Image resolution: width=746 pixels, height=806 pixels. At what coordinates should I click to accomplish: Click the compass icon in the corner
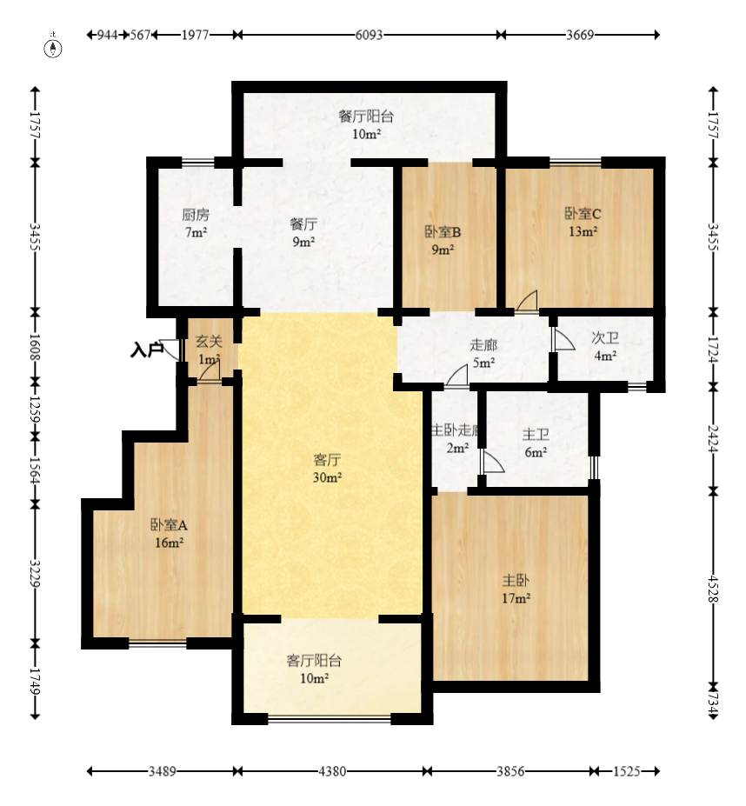pos(53,47)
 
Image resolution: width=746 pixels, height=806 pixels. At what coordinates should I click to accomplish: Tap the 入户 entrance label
pos(147,350)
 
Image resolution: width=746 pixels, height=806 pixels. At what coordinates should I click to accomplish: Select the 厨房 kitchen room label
pos(196,215)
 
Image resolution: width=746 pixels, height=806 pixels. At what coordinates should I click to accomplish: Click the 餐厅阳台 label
pos(366,117)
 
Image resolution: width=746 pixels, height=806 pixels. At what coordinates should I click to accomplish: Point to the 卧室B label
pos(443,232)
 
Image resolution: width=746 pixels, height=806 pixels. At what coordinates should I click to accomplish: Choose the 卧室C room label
pos(583,213)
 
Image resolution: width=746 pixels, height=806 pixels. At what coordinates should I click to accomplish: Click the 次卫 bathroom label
pos(605,337)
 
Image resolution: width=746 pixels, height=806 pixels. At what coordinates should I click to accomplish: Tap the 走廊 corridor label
pos(483,345)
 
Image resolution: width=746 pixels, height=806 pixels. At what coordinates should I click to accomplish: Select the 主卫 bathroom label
pos(536,435)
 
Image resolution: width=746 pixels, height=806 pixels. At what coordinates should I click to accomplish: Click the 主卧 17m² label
pos(516,590)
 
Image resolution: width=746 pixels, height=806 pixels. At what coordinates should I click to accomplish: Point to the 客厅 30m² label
pos(328,469)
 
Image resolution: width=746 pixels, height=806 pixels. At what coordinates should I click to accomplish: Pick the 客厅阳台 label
pos(314,661)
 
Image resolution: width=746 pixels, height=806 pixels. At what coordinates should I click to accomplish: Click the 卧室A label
pos(169,525)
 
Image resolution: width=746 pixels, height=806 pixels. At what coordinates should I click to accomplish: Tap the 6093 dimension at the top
pos(370,35)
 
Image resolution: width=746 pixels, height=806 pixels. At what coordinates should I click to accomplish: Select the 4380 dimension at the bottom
pos(332,771)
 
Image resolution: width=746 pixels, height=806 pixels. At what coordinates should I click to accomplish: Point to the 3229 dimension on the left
pos(35,573)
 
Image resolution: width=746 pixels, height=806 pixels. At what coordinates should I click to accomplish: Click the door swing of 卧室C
pos(527,301)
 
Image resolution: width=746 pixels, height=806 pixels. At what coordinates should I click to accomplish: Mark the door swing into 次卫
pos(563,339)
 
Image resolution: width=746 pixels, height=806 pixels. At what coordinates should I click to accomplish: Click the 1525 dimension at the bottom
pos(627,771)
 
